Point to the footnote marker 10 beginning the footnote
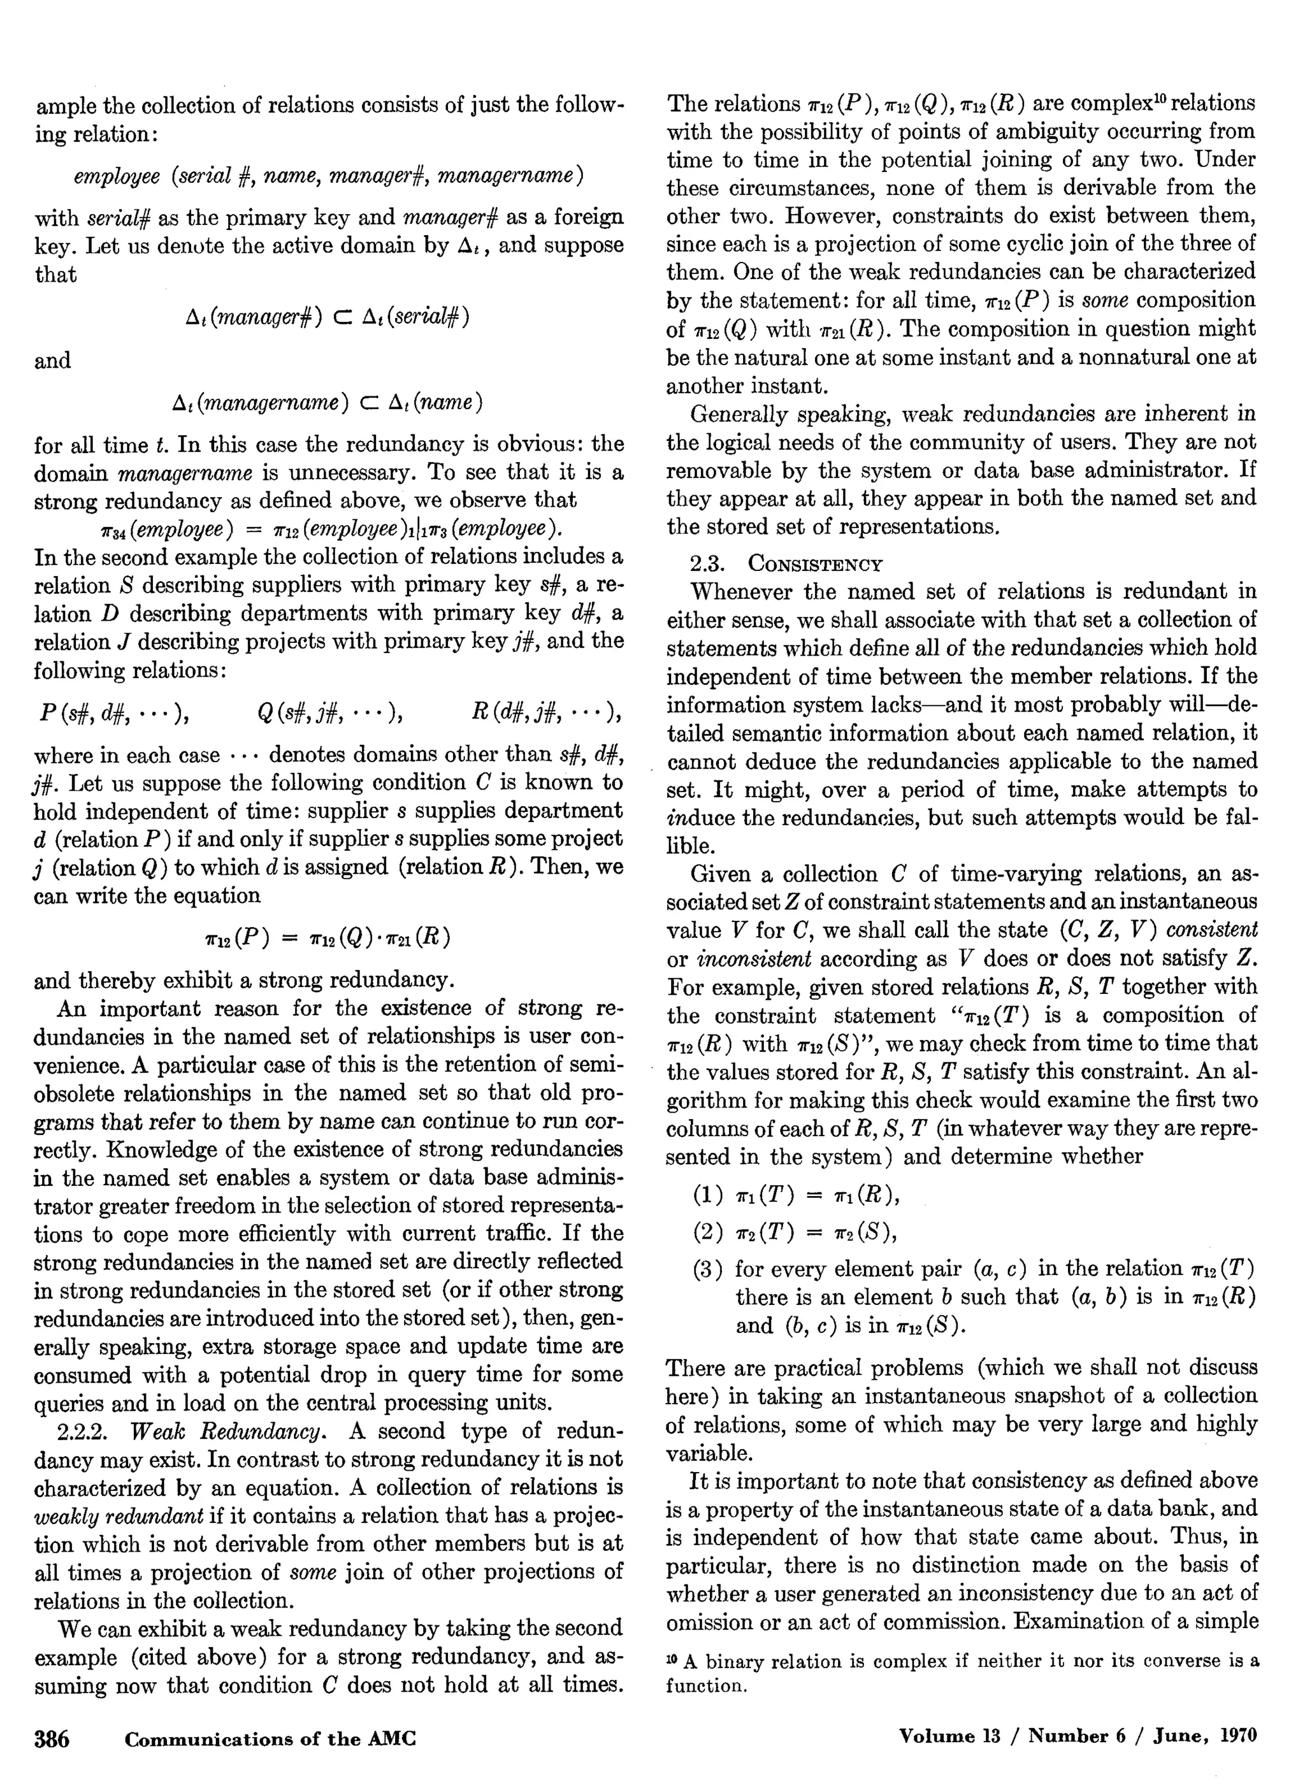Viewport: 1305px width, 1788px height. tap(672, 1659)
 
